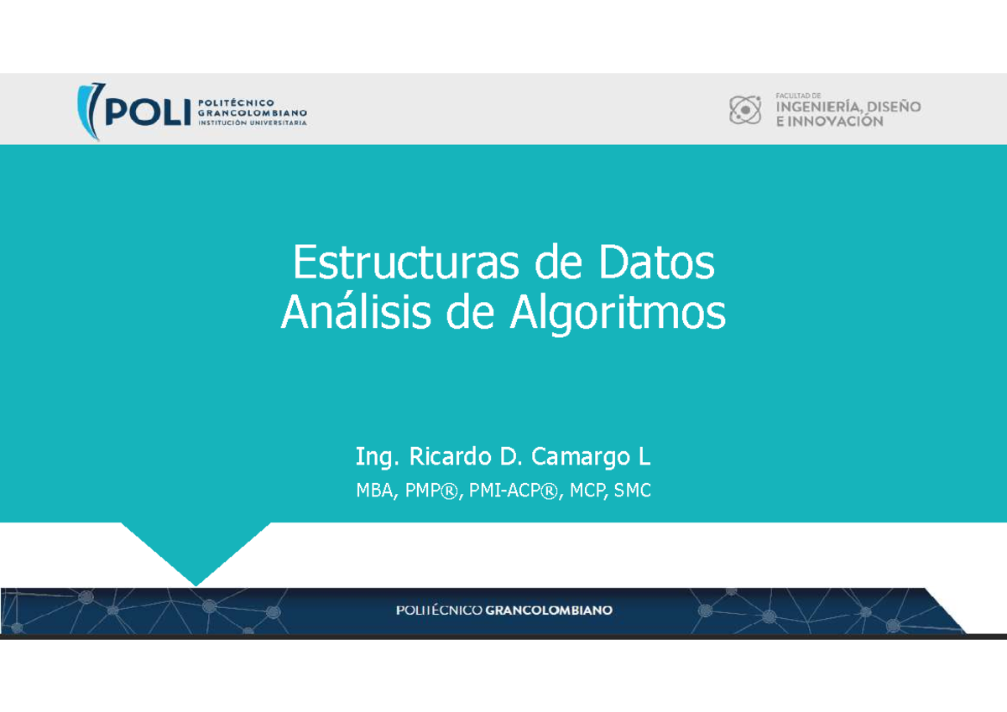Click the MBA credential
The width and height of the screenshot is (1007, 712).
pyautogui.click(x=374, y=491)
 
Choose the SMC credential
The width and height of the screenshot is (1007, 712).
pyautogui.click(x=633, y=491)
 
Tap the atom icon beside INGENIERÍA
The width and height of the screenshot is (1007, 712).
pyautogui.click(x=744, y=110)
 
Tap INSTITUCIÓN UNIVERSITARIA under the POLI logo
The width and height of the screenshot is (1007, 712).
pyautogui.click(x=252, y=121)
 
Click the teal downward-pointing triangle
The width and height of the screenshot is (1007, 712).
pyautogui.click(x=196, y=549)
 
